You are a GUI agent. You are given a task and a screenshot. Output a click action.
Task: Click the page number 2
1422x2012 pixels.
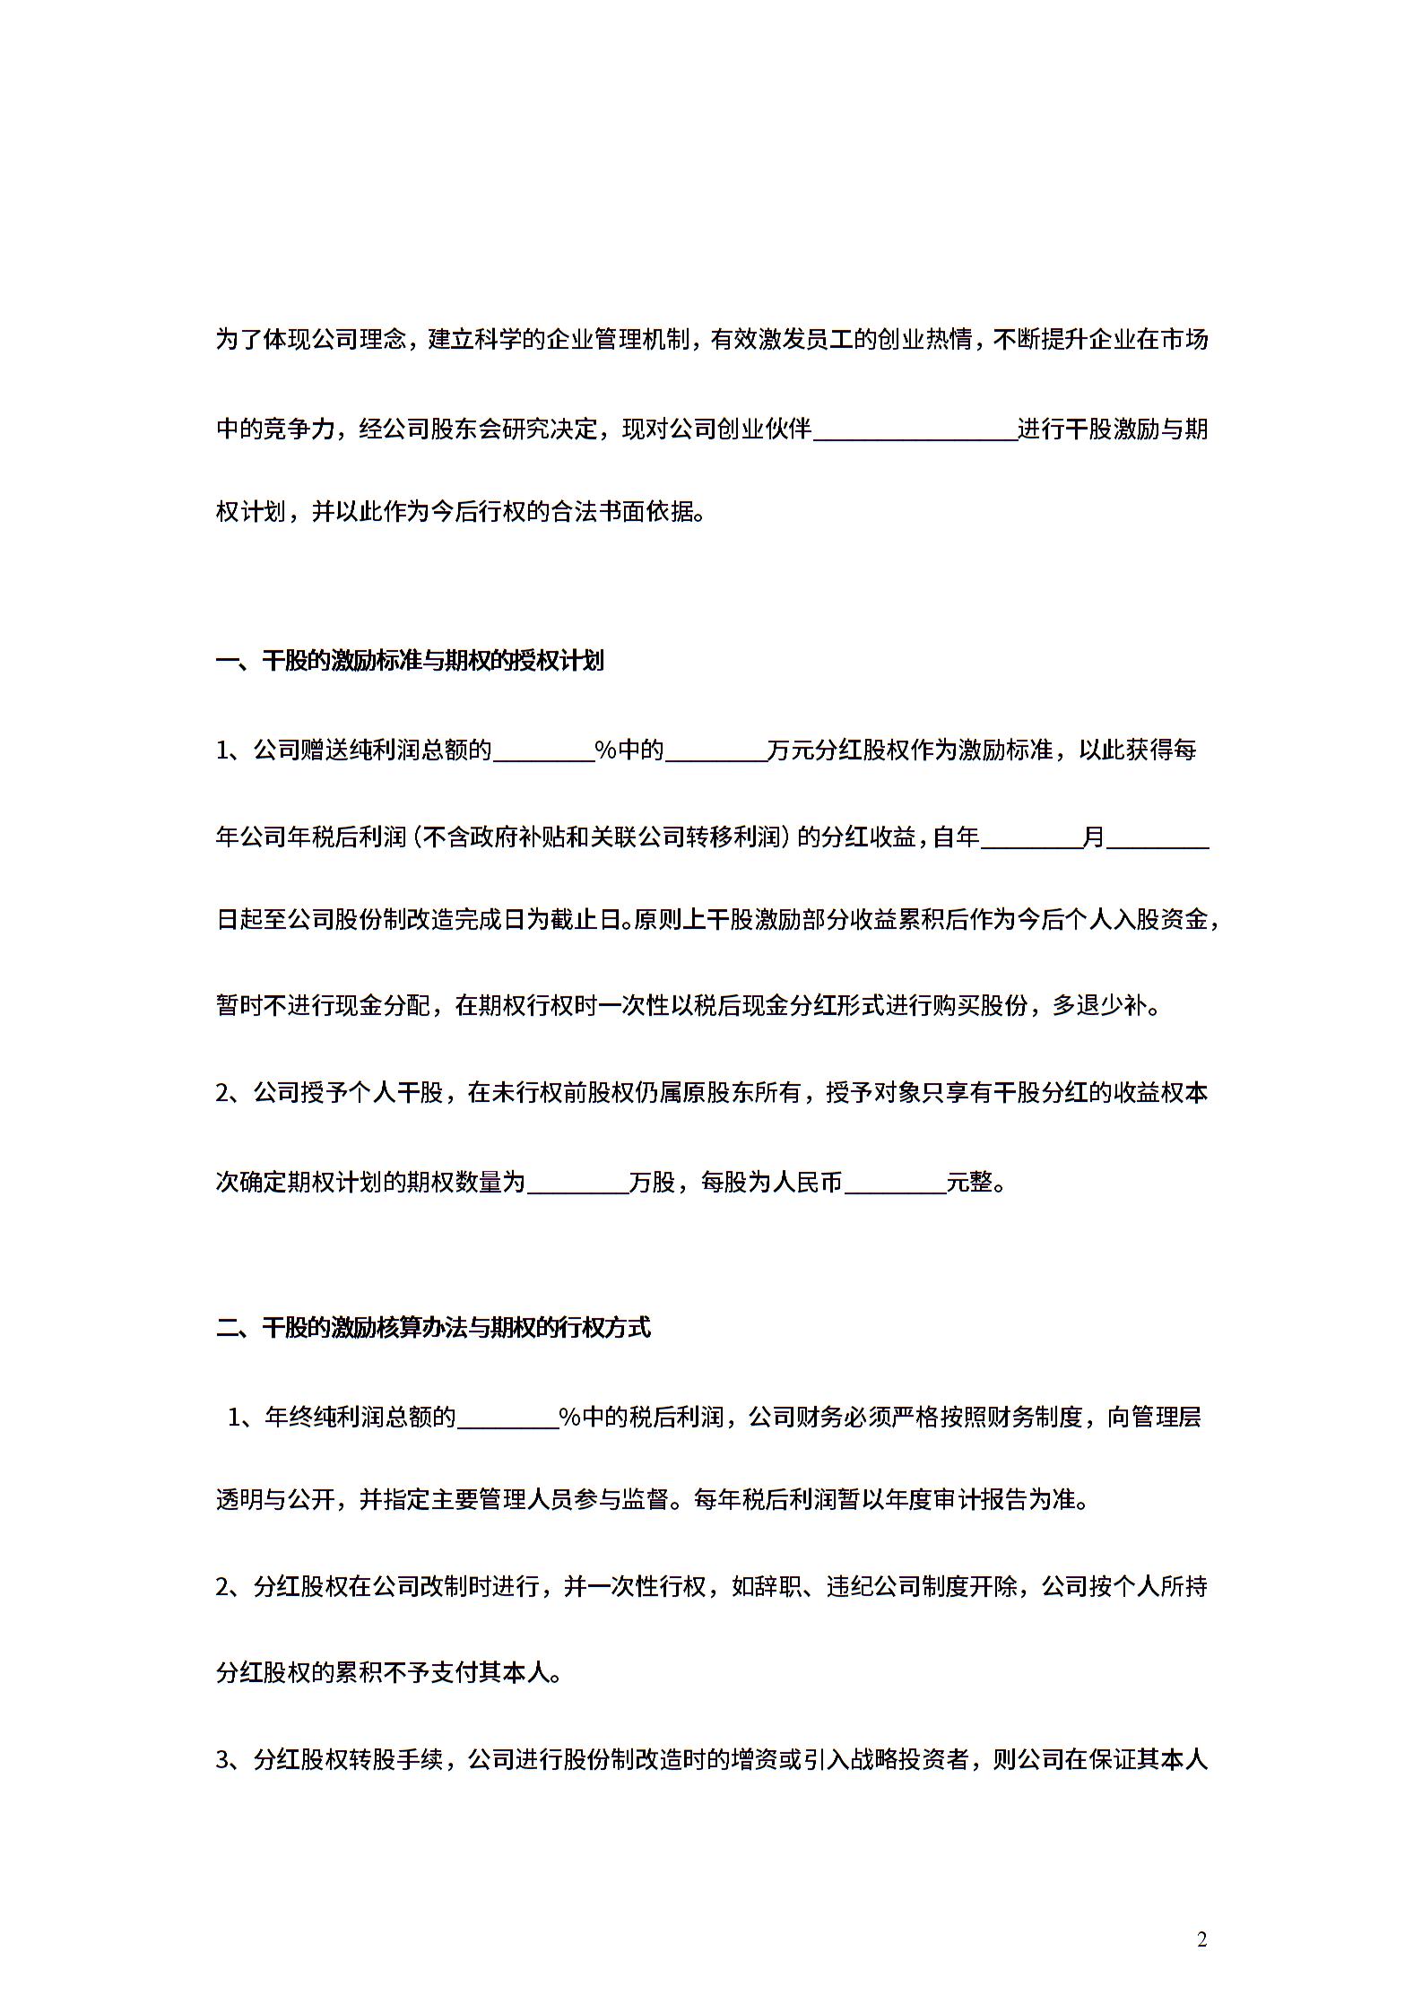tap(1201, 1939)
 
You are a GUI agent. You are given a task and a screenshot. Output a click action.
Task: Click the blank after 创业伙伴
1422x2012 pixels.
tap(915, 430)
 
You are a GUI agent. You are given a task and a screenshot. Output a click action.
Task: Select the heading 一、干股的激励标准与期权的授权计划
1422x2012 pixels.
tap(411, 662)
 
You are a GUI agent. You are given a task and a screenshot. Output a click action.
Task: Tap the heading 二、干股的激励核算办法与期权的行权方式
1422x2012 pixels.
tap(434, 1328)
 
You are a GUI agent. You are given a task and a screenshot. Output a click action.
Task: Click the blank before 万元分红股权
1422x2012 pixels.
tap(715, 750)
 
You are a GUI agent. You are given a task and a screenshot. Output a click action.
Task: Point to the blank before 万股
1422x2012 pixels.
tap(577, 1184)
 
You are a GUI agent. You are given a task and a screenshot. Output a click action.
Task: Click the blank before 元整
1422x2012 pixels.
tap(895, 1184)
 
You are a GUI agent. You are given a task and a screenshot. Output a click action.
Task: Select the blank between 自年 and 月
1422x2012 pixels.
tap(1031, 838)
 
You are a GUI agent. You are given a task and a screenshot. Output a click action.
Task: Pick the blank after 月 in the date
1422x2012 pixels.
tap(1158, 838)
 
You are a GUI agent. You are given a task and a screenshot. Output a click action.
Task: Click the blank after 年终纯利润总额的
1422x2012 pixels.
tap(507, 1418)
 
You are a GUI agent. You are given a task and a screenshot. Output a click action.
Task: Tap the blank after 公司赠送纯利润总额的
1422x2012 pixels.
tap(543, 750)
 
